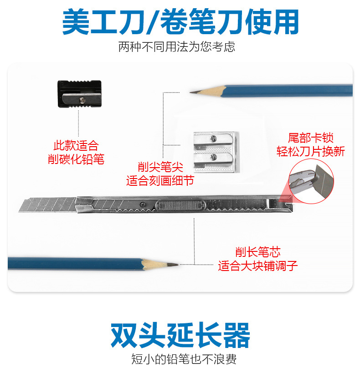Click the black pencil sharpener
tap(78, 94)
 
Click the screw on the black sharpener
tap(82, 99)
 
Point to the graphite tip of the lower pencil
tap(175, 264)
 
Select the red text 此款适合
tap(76, 146)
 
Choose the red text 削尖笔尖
tap(160, 167)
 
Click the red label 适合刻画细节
tap(160, 180)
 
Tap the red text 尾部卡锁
tap(310, 137)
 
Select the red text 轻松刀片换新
tap(310, 151)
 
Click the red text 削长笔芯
tap(257, 251)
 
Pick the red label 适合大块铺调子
tap(257, 266)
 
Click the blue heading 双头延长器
tap(180, 336)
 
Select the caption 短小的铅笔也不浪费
tap(180, 358)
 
